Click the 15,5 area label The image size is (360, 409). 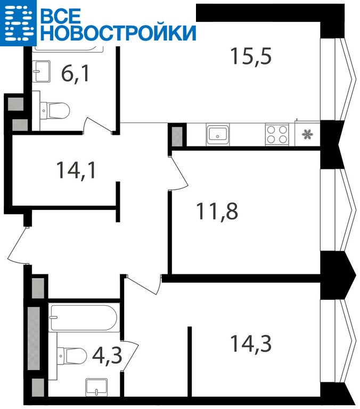click(251, 56)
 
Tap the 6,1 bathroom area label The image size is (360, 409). click(75, 74)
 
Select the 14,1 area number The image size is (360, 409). click(76, 170)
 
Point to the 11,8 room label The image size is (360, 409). click(217, 211)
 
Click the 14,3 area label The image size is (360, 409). click(251, 343)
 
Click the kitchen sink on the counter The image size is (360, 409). click(218, 135)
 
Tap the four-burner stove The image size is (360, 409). click(277, 135)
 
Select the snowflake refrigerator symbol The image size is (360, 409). click(307, 135)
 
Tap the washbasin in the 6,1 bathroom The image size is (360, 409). click(41, 71)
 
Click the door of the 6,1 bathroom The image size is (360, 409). click(100, 126)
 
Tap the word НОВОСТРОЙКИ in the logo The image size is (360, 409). click(118, 33)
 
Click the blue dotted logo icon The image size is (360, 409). click(18, 23)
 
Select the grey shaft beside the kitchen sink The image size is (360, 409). click(177, 136)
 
